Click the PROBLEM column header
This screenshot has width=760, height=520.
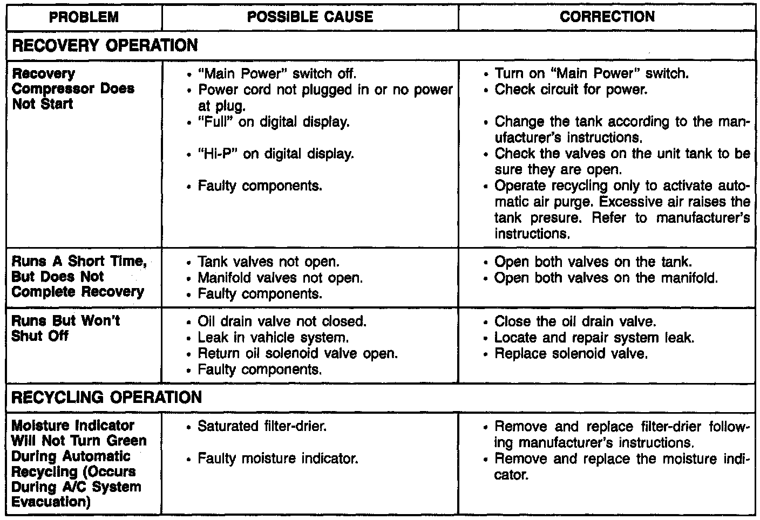click(x=84, y=17)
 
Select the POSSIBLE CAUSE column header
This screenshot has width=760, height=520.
click(x=310, y=17)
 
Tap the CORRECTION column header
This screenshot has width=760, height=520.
click(x=607, y=17)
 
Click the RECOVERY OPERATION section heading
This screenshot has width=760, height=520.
click(x=105, y=45)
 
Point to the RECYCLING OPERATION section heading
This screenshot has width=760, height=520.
click(x=106, y=398)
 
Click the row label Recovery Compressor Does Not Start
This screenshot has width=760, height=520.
click(x=73, y=88)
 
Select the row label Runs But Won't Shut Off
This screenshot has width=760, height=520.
click(x=65, y=329)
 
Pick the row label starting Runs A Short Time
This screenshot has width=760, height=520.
click(x=79, y=277)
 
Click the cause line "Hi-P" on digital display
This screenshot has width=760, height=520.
click(x=276, y=154)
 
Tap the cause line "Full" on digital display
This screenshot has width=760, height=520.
click(x=274, y=122)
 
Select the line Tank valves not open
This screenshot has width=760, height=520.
click(x=268, y=262)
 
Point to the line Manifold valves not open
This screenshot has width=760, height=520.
click(x=280, y=278)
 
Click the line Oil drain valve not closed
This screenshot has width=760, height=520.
click(x=282, y=321)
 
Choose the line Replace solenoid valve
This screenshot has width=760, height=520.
click(x=571, y=354)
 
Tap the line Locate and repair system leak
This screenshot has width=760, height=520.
click(x=594, y=338)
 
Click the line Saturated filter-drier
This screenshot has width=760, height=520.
click(x=262, y=426)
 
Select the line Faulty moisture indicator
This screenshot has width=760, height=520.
click(x=277, y=459)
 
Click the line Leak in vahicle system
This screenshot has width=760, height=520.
click(x=273, y=338)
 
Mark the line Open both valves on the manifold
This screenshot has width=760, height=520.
click(x=606, y=278)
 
